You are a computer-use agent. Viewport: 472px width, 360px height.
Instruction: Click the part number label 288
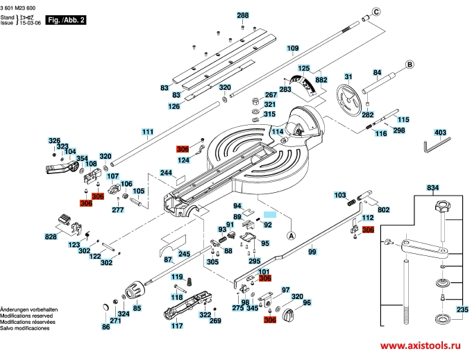pos(242,15)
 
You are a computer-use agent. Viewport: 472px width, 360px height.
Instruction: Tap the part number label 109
pos(293,49)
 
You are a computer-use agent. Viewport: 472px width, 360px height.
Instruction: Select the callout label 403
pos(440,132)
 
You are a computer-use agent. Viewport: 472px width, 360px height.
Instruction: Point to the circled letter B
pos(410,65)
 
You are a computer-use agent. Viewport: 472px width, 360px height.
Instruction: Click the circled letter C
pos(376,12)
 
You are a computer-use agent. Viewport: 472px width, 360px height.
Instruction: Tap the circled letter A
pos(291,235)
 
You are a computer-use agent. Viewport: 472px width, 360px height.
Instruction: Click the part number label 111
pos(148,132)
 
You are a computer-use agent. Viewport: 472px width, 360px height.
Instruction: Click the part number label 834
pos(433,188)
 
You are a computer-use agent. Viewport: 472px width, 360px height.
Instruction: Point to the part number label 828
pos(51,237)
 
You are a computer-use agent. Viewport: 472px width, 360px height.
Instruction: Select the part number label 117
pos(177,325)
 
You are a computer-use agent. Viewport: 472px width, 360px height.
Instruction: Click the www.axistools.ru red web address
pos(420,345)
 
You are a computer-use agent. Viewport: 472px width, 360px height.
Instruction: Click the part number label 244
pos(166,173)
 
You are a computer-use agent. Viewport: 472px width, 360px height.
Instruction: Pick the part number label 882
pos(321,80)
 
